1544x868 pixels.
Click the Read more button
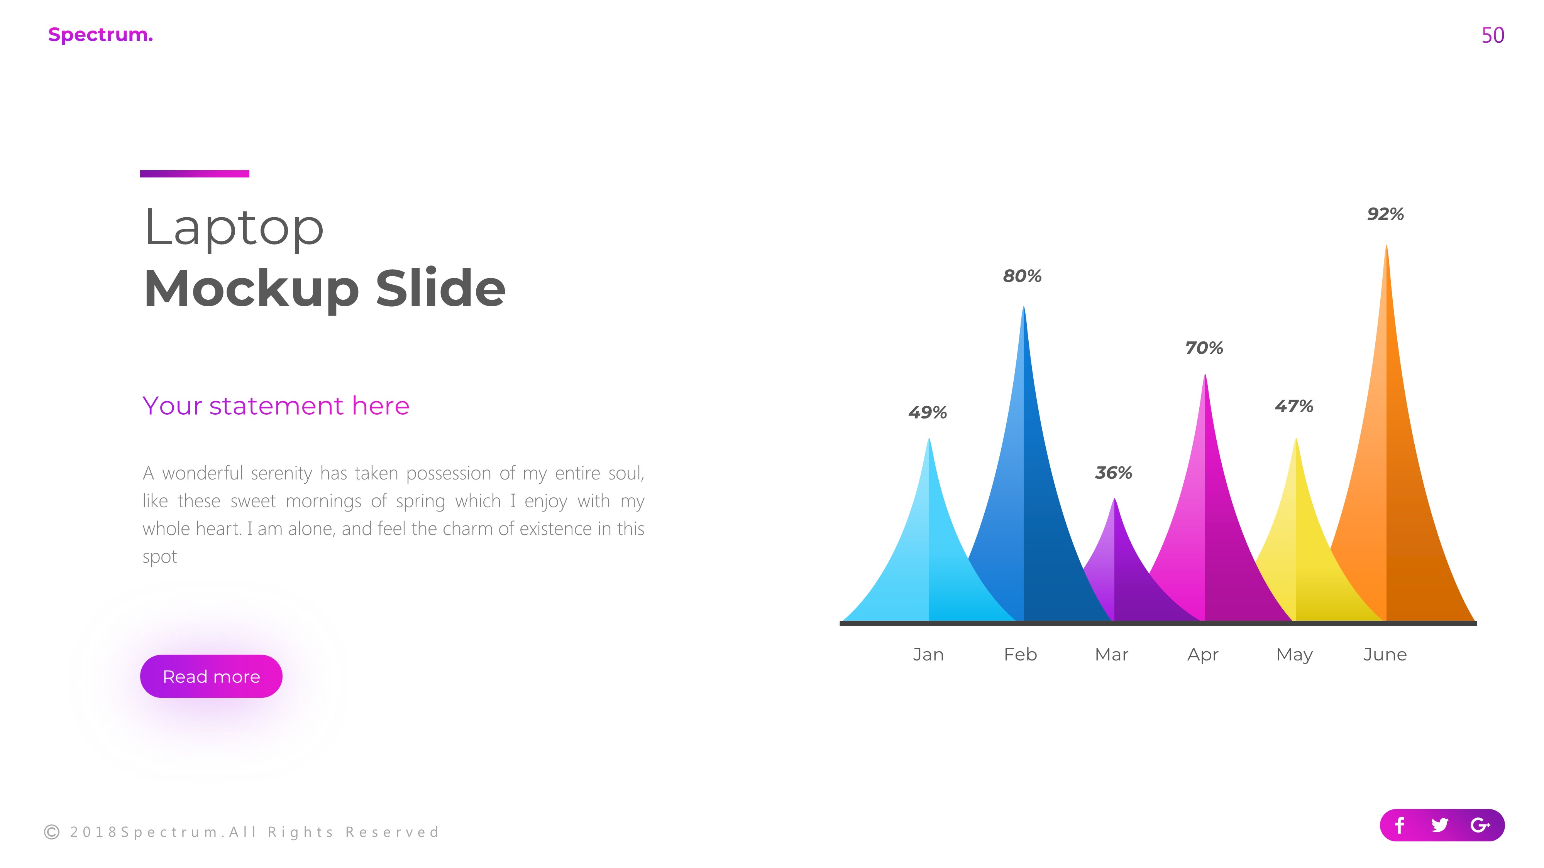(x=211, y=676)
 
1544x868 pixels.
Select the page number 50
(x=1492, y=35)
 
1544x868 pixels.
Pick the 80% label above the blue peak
(x=1022, y=276)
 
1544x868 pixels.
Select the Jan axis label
(x=928, y=655)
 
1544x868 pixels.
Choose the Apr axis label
(x=1202, y=655)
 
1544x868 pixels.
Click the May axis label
(x=1294, y=655)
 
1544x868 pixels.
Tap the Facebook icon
(x=1400, y=826)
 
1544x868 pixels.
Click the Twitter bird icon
(x=1440, y=826)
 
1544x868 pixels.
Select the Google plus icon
(x=1480, y=826)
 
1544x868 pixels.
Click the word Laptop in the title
(x=234, y=228)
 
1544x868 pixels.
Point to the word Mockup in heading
(x=251, y=289)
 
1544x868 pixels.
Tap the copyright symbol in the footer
(x=52, y=832)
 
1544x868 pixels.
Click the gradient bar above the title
(x=195, y=174)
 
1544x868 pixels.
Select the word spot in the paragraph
(x=159, y=557)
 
